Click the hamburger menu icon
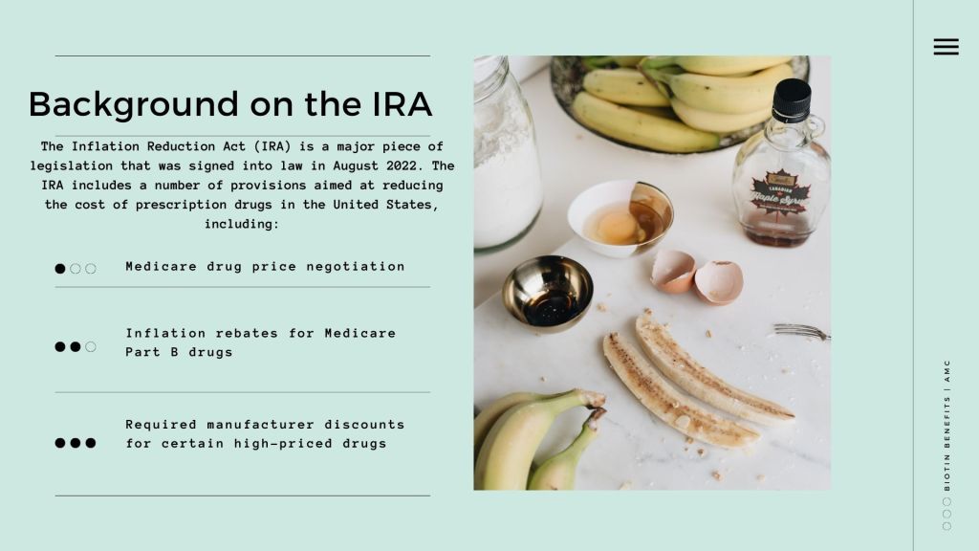point(946,47)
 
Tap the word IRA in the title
point(402,103)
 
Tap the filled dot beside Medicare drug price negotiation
point(60,269)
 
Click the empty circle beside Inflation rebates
point(91,346)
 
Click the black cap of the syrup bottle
point(792,99)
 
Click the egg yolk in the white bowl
point(615,224)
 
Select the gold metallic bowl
point(548,293)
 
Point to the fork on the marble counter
point(802,331)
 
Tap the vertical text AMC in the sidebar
point(947,371)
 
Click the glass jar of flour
point(507,153)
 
